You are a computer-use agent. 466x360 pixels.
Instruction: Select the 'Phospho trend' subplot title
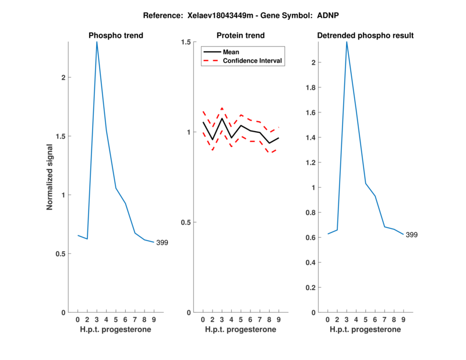click(116, 36)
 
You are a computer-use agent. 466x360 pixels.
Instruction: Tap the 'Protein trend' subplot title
click(241, 36)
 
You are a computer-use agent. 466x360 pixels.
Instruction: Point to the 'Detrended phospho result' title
click(365, 36)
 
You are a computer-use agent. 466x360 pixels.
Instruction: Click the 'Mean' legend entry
click(231, 52)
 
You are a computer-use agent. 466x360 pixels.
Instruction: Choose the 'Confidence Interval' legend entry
click(253, 61)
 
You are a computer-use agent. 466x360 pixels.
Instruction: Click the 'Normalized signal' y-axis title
click(50, 177)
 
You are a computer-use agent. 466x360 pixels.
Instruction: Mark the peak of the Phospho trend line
click(97, 41)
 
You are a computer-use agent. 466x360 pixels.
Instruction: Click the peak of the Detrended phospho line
click(347, 41)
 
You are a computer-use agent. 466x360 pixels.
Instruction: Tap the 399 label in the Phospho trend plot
click(162, 242)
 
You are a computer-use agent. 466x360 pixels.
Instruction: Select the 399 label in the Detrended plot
click(412, 235)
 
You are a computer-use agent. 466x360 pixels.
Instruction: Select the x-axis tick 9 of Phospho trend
click(154, 319)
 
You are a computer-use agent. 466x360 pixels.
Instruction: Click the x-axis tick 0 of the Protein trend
click(203, 319)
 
